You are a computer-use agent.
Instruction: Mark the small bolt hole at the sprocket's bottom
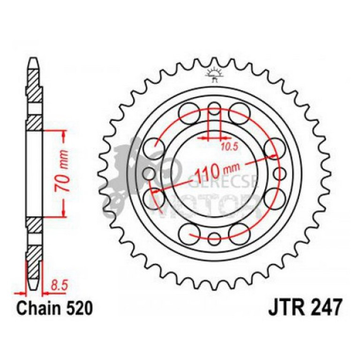[214, 236]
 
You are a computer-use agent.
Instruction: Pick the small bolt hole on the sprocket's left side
[149, 172]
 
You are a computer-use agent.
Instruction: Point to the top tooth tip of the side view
[33, 60]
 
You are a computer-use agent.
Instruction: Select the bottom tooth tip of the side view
[33, 288]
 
